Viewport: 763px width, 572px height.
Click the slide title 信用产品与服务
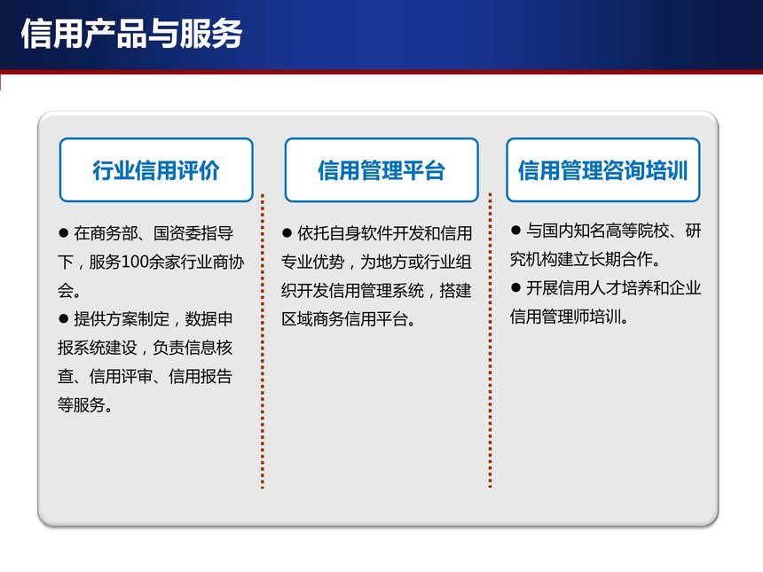tap(131, 34)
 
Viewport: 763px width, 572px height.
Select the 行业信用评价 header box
tap(156, 169)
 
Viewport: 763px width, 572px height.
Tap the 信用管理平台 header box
tap(381, 169)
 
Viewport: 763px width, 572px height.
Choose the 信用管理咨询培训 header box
tap(603, 169)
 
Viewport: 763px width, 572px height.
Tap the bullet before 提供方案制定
tap(63, 319)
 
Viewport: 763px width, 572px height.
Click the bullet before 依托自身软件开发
tap(287, 233)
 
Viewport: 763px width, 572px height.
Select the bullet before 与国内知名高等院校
tap(515, 230)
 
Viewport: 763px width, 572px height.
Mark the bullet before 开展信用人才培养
tap(515, 287)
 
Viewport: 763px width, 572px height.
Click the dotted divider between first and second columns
tap(263, 341)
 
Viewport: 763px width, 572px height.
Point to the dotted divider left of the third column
tap(490, 340)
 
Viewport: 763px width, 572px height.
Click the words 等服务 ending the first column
tap(82, 404)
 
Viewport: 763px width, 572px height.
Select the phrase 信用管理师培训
tap(565, 317)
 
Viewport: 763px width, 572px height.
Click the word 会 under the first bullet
tap(65, 291)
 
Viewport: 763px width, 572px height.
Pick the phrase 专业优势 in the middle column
tap(312, 262)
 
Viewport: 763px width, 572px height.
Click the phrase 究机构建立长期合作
tap(581, 259)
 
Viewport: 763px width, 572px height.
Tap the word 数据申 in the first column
tap(208, 319)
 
